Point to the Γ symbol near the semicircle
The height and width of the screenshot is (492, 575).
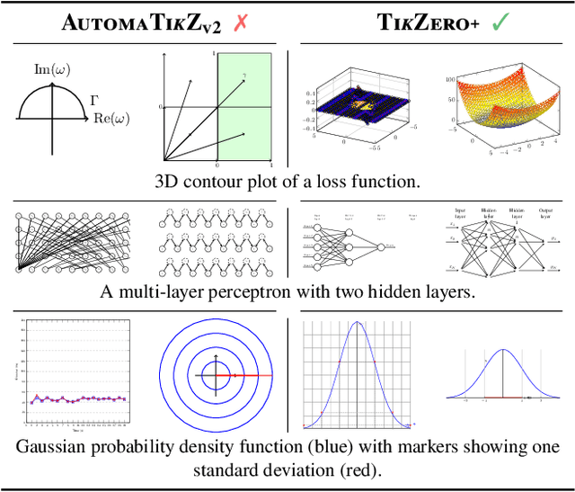94,101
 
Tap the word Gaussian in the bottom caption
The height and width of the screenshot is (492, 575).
62,447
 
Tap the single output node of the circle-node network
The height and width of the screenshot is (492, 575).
383,246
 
